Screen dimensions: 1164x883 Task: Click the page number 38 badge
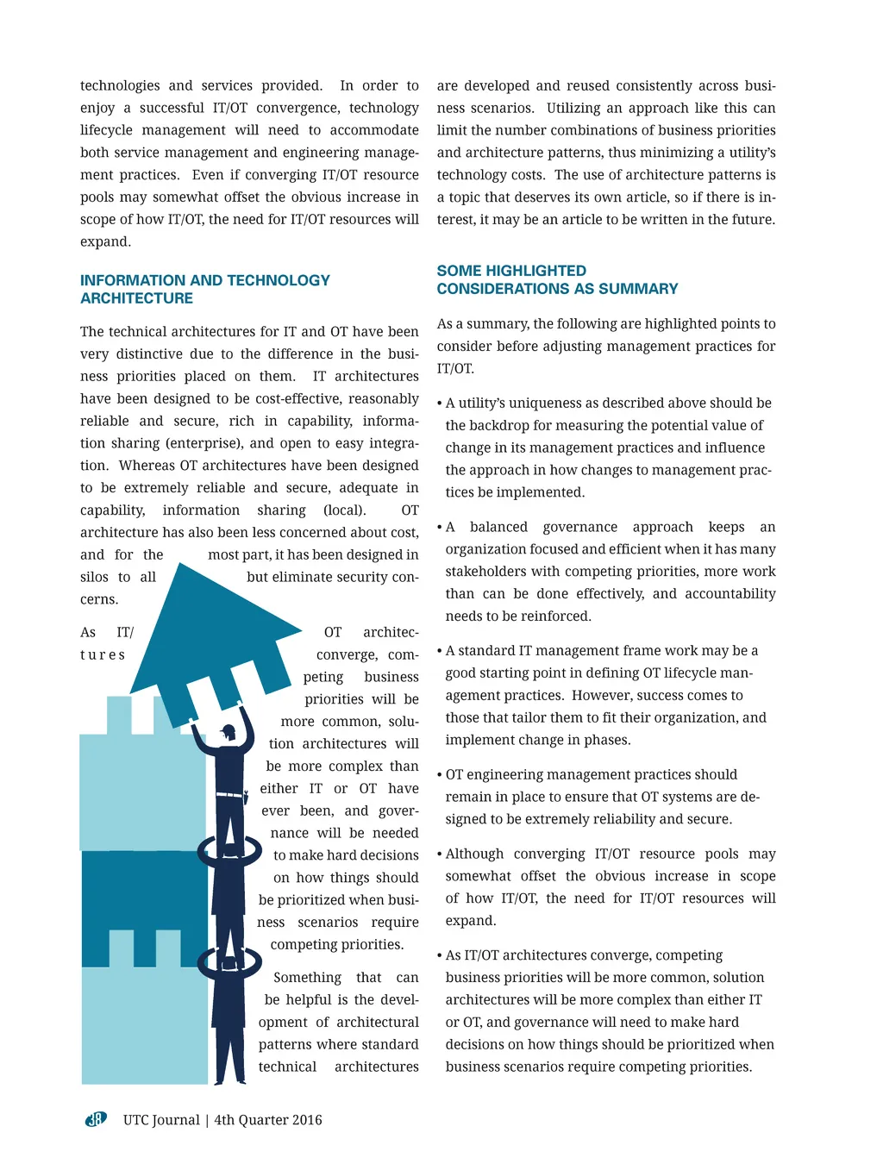[x=95, y=1119]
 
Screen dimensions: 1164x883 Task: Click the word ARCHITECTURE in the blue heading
[x=136, y=298]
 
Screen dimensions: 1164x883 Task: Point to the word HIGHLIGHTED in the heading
[x=535, y=271]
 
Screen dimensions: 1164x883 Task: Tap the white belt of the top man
[x=229, y=794]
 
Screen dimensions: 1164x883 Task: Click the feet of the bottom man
[x=229, y=1080]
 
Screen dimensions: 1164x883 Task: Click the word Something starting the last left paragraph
[x=307, y=978]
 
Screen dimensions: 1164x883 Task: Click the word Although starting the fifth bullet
[x=474, y=854]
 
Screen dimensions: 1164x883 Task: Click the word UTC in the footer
[x=136, y=1120]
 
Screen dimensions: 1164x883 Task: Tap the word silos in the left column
[x=94, y=577]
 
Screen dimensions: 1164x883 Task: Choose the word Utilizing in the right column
[x=573, y=108]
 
